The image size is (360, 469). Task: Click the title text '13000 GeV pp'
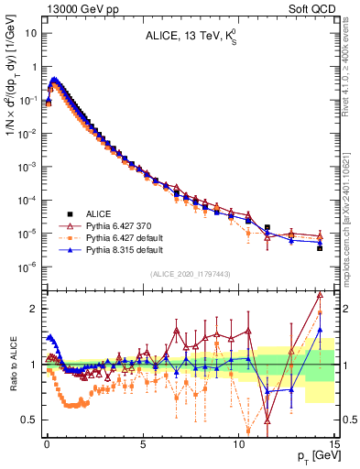(x=60, y=7)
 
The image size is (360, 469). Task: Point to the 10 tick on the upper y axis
(x=32, y=33)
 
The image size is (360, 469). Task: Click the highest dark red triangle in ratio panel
(x=319, y=295)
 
